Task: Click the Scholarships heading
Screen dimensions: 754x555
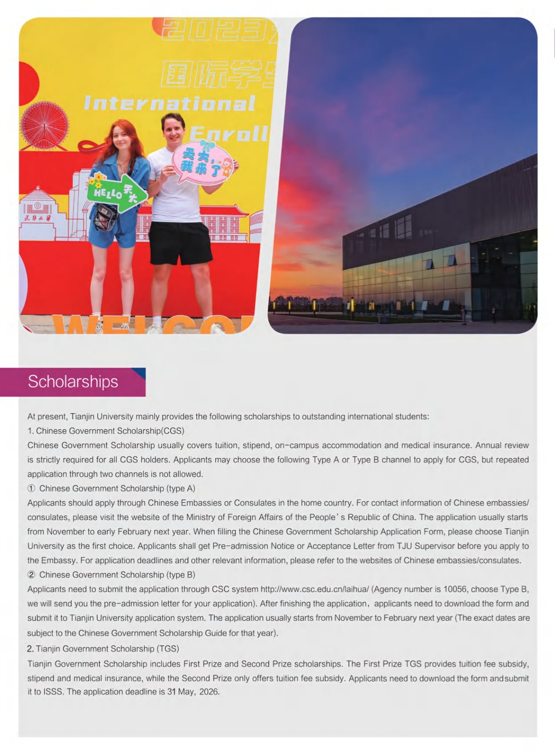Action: (x=73, y=382)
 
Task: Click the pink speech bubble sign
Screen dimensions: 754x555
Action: (x=202, y=163)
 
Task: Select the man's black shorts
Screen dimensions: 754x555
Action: (x=180, y=243)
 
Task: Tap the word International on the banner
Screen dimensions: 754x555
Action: (x=169, y=104)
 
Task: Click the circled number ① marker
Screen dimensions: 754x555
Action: (x=32, y=489)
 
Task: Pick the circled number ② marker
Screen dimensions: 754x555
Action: (x=32, y=575)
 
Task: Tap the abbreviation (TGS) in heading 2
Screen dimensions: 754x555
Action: (x=169, y=649)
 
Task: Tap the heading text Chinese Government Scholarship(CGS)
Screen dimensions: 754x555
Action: (x=110, y=431)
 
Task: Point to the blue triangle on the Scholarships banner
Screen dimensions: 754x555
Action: (x=139, y=373)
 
